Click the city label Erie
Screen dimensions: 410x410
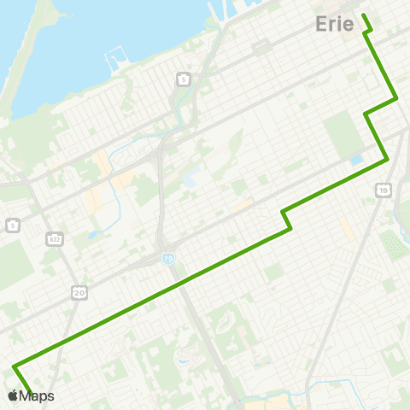pos(335,23)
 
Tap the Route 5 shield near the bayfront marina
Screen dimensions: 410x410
pos(184,79)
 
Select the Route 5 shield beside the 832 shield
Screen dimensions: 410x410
pos(12,225)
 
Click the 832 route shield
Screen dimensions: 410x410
pos(54,237)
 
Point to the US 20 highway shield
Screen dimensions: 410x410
pos(79,293)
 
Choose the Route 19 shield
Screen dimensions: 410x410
pos(384,188)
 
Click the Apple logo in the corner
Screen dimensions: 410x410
pos(13,395)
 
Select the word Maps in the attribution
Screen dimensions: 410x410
pos(38,395)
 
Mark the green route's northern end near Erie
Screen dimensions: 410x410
pos(365,15)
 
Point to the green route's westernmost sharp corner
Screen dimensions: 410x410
pos(15,366)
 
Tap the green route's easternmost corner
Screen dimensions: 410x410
pos(397,99)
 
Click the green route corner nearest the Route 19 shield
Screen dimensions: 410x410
pos(388,159)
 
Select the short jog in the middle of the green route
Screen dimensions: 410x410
pos(287,220)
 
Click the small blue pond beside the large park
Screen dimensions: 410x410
pos(355,160)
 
